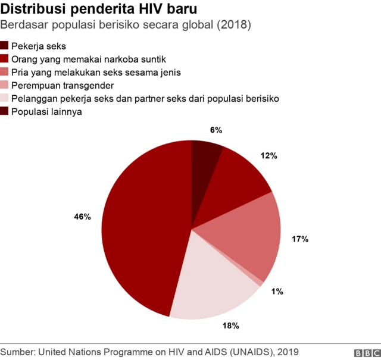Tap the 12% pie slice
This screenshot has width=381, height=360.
coord(238,179)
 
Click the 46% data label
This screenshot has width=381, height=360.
coord(82,217)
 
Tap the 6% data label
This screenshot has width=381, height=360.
coord(216,130)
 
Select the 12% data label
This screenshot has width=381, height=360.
coord(268,156)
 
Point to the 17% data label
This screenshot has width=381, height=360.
coord(299,239)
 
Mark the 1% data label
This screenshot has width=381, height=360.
coord(277,292)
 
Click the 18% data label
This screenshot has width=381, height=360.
coord(230,325)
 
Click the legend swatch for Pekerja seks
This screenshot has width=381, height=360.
coord(5,46)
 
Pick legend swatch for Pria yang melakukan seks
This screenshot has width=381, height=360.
coord(5,72)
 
